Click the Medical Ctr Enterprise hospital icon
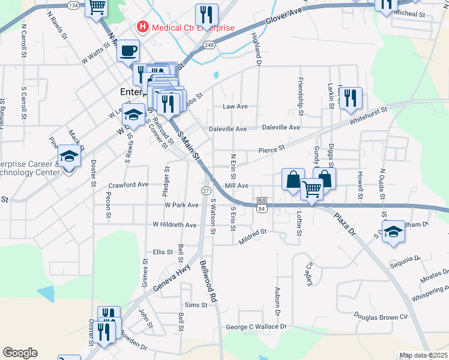coord(143,27)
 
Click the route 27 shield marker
coord(205,190)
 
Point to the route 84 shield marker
coord(261,208)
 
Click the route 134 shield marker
coord(73,5)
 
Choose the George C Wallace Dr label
coord(256,327)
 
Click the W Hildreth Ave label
coord(175,225)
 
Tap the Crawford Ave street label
coord(128,185)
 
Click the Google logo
coord(20,353)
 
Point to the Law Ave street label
coord(235,106)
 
